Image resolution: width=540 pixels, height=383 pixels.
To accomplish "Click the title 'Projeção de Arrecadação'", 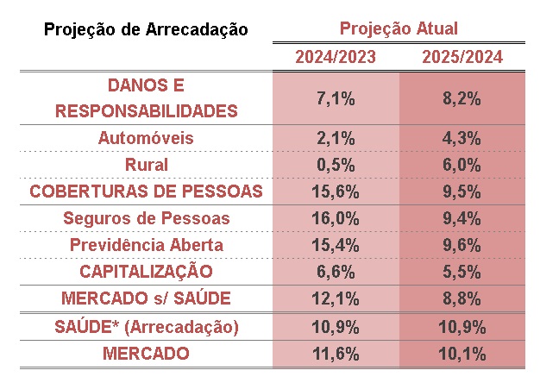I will pyautogui.click(x=146, y=30).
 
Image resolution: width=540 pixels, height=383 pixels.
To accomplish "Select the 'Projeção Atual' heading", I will pyautogui.click(x=399, y=28).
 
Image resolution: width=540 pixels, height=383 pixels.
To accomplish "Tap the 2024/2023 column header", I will pyautogui.click(x=336, y=59).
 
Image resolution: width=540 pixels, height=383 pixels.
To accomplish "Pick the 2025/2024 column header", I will pyautogui.click(x=462, y=59).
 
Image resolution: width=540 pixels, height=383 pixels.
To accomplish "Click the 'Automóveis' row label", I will pyautogui.click(x=146, y=138).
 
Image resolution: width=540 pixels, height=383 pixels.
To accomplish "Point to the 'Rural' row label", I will pyautogui.click(x=146, y=165).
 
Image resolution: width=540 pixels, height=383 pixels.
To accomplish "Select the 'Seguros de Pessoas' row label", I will pyautogui.click(x=146, y=218).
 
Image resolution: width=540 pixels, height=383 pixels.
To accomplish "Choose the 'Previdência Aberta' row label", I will pyautogui.click(x=146, y=245).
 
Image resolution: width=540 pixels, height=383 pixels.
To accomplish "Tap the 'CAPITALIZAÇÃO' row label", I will pyautogui.click(x=146, y=272).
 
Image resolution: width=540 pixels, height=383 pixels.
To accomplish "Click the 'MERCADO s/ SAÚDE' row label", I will pyautogui.click(x=146, y=298).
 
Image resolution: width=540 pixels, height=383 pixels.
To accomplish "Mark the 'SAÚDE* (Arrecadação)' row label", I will pyautogui.click(x=146, y=327).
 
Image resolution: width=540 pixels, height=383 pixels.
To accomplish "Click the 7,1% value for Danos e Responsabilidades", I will pyautogui.click(x=336, y=98).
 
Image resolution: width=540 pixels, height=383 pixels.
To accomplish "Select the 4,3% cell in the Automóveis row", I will pyautogui.click(x=462, y=138).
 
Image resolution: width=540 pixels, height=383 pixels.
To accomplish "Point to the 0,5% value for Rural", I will pyautogui.click(x=336, y=165).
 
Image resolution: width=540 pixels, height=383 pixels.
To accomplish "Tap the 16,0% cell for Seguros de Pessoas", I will pyautogui.click(x=336, y=218).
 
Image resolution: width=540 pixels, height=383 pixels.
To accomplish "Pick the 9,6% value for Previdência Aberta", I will pyautogui.click(x=462, y=245).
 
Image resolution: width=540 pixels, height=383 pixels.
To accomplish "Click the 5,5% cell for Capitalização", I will pyautogui.click(x=462, y=272).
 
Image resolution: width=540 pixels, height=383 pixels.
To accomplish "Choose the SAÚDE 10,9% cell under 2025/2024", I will pyautogui.click(x=462, y=327).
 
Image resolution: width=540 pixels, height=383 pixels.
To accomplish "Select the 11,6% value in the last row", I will pyautogui.click(x=336, y=354).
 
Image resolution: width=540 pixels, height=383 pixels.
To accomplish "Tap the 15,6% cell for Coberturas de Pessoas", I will pyautogui.click(x=336, y=191).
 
